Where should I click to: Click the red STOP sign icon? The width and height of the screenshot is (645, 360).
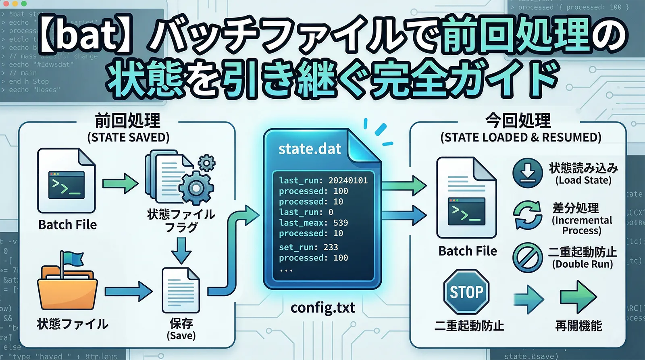(x=466, y=292)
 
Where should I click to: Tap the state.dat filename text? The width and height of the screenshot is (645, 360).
(x=310, y=149)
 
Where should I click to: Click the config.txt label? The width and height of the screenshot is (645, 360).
(x=322, y=308)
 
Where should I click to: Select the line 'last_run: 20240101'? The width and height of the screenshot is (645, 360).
(x=323, y=181)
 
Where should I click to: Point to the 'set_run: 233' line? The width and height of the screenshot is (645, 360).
(x=308, y=247)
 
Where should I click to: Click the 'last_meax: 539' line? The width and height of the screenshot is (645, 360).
(x=313, y=223)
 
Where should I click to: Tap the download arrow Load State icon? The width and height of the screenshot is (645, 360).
(x=527, y=173)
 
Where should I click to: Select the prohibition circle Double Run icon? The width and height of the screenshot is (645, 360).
(x=527, y=257)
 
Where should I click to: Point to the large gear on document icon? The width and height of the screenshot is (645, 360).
(x=196, y=188)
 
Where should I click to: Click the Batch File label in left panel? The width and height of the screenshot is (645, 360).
(x=67, y=225)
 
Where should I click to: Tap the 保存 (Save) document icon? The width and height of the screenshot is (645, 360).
(x=181, y=291)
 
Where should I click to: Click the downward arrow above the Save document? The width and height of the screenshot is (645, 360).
(x=181, y=250)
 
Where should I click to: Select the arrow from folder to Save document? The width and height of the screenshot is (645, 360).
(x=129, y=291)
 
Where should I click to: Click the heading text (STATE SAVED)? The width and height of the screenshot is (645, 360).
(x=128, y=137)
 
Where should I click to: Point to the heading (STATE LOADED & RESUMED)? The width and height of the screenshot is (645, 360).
(x=520, y=137)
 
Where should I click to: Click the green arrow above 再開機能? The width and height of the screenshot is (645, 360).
(x=578, y=297)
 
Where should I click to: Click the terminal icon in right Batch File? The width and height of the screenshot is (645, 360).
(x=466, y=212)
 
